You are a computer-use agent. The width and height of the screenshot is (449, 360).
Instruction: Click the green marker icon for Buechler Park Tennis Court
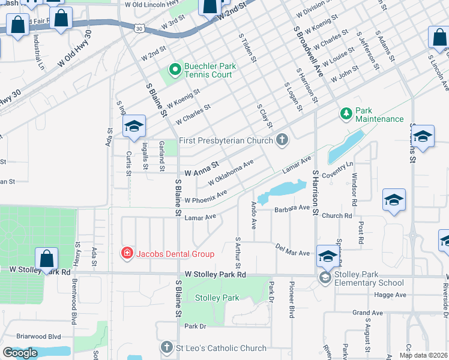click(x=175, y=70)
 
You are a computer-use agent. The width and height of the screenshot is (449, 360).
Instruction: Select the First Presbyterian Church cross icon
click(x=282, y=140)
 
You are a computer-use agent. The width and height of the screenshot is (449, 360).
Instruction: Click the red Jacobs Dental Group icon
click(x=127, y=254)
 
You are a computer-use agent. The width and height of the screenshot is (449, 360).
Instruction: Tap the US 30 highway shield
click(x=139, y=28)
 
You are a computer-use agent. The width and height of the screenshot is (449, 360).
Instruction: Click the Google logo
click(x=20, y=353)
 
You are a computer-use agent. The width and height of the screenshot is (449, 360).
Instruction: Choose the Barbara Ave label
click(x=292, y=209)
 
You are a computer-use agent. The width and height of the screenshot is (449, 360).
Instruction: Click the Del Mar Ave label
click(x=292, y=250)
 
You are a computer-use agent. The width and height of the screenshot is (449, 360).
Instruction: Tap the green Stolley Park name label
click(x=217, y=298)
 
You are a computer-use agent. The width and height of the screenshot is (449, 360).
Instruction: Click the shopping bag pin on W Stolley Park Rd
click(x=46, y=260)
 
